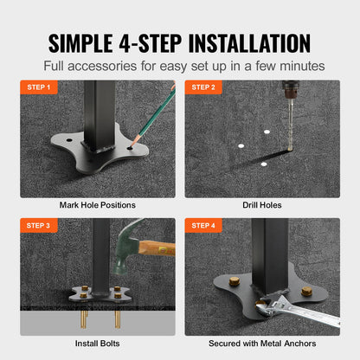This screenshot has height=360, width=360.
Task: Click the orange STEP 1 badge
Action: [39, 87]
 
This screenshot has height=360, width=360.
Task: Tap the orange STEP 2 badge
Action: [204, 87]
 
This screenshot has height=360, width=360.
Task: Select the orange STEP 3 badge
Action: [39, 225]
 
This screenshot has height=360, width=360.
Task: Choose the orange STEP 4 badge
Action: [204, 225]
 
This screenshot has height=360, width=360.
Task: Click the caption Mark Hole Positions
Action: [98, 205]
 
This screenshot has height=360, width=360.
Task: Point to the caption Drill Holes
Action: [262, 205]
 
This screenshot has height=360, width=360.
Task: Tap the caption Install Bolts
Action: [98, 343]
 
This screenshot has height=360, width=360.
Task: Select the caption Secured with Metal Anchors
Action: [262, 343]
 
